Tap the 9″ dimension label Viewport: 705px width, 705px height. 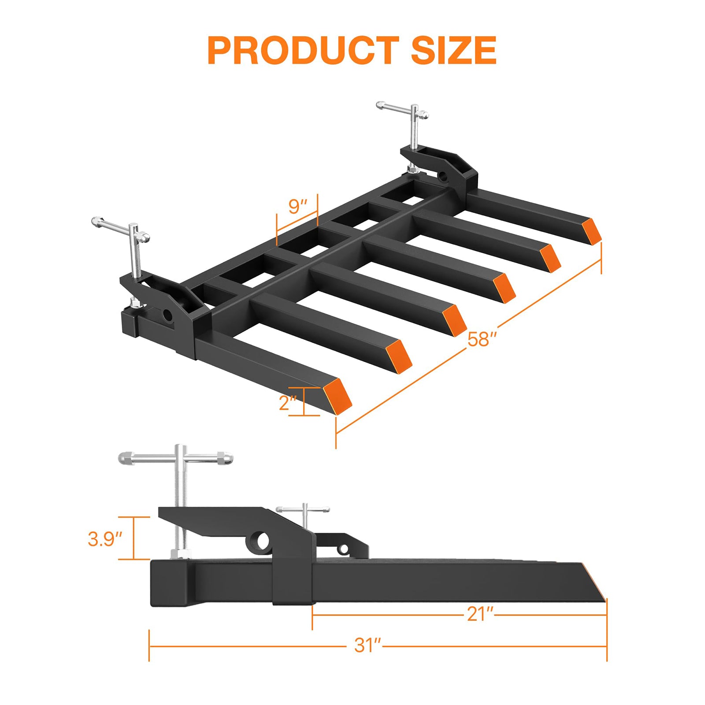pos(298,206)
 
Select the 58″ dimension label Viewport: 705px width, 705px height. pos(482,339)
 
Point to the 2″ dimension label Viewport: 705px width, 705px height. pos(288,402)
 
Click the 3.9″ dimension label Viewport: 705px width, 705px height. pos(105,539)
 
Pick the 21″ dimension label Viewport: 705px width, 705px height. pos(480,614)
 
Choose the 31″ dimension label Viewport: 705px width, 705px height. pos(367,646)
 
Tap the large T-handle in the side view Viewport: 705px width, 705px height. pos(176,458)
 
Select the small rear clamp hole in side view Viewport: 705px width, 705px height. pos(343,549)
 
